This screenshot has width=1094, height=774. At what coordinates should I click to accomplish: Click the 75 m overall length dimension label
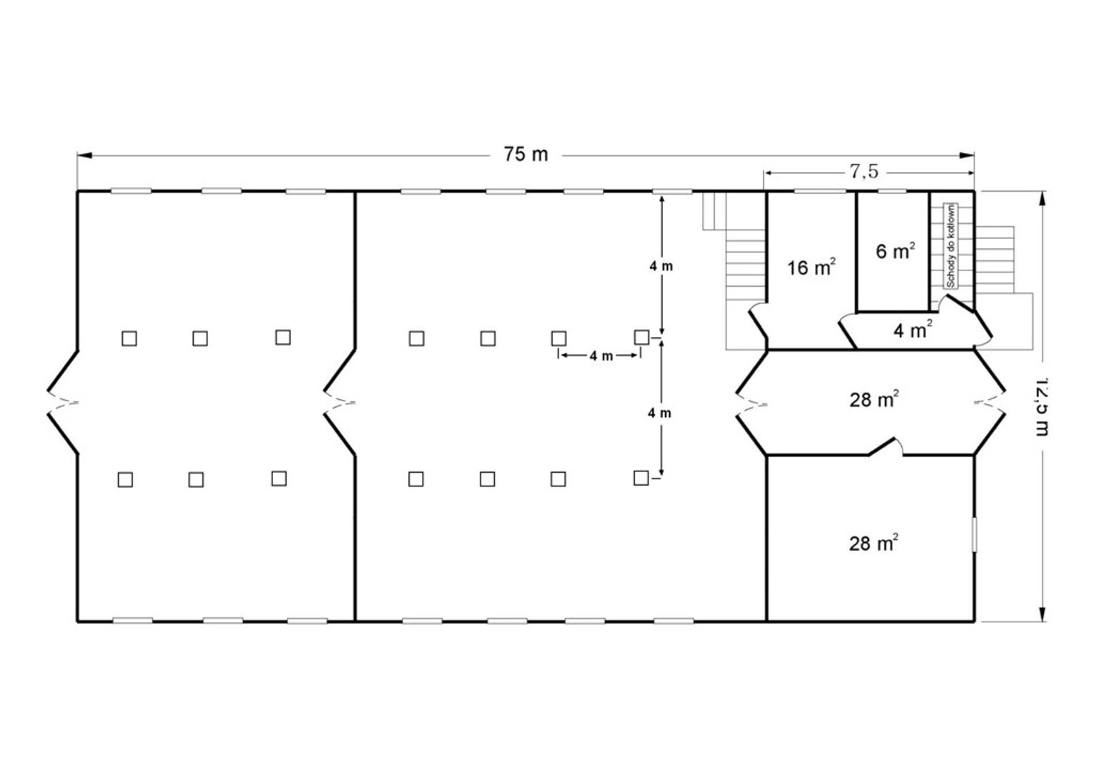point(526,155)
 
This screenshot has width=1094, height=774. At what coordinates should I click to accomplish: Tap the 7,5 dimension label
point(864,171)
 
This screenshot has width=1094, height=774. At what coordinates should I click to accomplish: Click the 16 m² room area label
point(812,267)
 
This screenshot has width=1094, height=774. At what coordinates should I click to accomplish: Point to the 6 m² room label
point(895,250)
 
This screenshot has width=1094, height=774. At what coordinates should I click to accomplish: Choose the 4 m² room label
point(912,330)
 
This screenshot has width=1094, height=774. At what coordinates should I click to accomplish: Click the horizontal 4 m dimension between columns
point(600,356)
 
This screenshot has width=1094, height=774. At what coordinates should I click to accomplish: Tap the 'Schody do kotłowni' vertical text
point(950,246)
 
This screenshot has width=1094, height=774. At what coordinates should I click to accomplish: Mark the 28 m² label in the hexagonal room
point(874,399)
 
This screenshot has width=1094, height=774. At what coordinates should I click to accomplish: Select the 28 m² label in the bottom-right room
point(873,543)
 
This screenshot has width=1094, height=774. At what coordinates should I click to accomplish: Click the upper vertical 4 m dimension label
point(661,266)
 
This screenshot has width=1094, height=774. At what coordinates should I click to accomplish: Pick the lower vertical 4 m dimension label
point(659,413)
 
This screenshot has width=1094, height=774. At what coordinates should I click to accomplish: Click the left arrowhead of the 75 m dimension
point(84,155)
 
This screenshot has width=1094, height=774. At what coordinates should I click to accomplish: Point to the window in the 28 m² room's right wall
point(975,534)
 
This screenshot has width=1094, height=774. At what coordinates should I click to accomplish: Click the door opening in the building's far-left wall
point(63,403)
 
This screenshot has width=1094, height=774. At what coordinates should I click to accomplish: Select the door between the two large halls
point(340,403)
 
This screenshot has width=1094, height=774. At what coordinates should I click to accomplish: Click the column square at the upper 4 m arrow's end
point(641,337)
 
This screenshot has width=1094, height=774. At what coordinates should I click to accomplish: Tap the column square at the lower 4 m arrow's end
point(641,478)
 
